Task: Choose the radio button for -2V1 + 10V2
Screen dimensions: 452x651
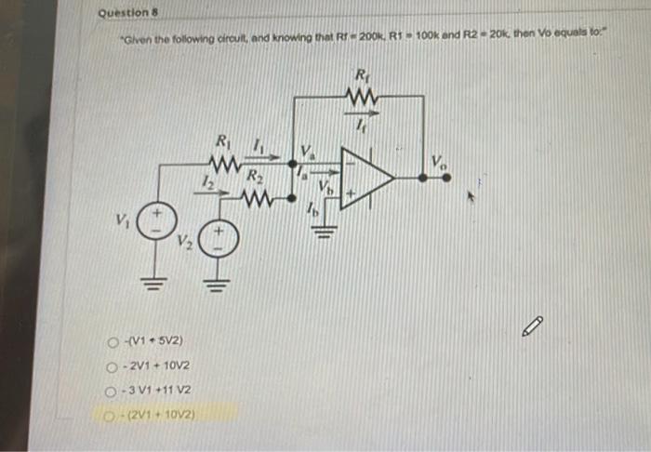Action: pos(113,367)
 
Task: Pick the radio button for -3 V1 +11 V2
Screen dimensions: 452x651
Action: pos(113,390)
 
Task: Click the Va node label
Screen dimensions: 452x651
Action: pos(307,150)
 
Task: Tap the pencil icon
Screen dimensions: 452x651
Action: pos(532,326)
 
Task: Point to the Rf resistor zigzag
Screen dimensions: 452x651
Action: pos(359,96)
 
